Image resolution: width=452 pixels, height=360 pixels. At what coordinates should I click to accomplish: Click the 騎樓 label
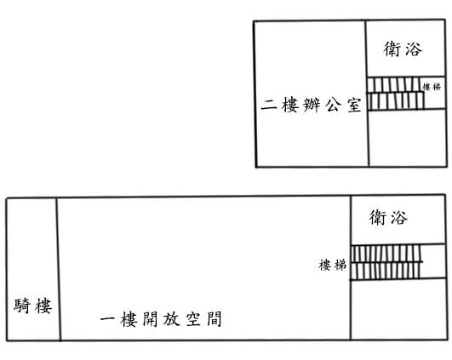33,306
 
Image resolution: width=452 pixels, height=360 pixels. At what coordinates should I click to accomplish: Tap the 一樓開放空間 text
161,319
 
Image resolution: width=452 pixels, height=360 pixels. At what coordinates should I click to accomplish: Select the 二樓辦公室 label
311,105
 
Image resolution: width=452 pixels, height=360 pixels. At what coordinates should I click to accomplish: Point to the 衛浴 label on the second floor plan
403,49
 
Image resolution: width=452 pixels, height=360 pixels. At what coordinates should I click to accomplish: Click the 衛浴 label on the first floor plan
388,217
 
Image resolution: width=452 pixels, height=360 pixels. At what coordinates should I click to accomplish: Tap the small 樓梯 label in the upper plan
432,87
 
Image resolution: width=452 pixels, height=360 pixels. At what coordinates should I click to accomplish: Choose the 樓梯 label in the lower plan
332,265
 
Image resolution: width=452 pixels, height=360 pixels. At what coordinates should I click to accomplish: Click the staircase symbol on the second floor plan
396,94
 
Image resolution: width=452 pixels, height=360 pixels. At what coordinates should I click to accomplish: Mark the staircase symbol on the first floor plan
386,262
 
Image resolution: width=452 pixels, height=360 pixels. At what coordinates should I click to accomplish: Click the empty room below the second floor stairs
408,138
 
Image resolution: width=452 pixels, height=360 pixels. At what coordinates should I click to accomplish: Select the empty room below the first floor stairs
398,309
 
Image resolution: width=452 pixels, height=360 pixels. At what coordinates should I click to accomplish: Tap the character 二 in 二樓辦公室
269,105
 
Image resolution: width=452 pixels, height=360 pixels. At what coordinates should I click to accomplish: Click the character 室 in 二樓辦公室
354,106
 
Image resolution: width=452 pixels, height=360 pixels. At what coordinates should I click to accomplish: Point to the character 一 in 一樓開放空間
107,319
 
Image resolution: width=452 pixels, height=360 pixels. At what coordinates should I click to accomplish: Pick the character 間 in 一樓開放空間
215,319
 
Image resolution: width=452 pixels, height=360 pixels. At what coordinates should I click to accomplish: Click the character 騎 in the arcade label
22,306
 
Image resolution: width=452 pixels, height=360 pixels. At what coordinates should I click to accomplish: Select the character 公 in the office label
334,106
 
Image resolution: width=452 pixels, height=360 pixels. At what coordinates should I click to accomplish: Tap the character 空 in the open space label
193,319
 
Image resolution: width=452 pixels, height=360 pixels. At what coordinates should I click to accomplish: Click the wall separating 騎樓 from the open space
58,270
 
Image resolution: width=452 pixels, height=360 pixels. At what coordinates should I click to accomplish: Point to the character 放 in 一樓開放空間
172,319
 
